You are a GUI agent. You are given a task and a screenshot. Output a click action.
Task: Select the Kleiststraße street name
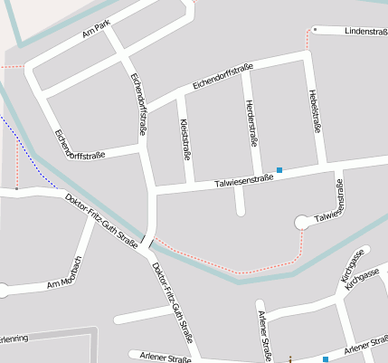pyautogui.click(x=186, y=138)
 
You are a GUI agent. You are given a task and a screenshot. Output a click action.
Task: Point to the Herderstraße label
pyautogui.click(x=251, y=122)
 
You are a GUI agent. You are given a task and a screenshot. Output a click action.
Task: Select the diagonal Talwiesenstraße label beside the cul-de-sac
pyautogui.click(x=330, y=204)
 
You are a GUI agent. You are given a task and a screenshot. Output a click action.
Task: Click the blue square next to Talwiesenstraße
pyautogui.click(x=279, y=170)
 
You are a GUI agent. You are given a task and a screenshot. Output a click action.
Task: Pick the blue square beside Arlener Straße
pyautogui.click(x=326, y=359)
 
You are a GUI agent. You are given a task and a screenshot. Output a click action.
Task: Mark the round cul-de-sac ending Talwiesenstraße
pyautogui.click(x=302, y=222)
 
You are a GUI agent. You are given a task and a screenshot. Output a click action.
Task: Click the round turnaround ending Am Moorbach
pyautogui.click(x=3, y=291)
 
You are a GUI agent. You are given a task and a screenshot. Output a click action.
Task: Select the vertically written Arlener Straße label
pyautogui.click(x=265, y=334)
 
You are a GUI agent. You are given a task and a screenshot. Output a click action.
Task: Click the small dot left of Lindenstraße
pyautogui.click(x=315, y=30)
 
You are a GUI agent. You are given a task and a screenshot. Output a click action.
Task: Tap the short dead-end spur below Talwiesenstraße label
pyautogui.click(x=240, y=204)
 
